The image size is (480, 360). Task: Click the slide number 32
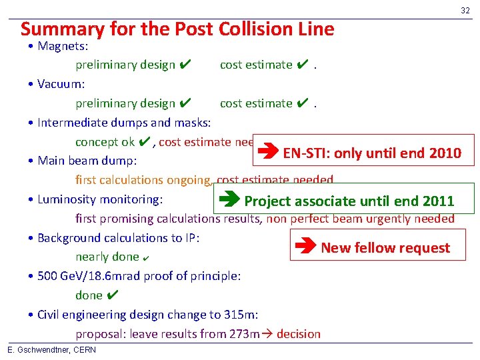[x=465, y=10]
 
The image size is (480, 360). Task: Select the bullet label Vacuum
[x=61, y=84]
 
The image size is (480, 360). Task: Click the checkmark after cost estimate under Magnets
[x=301, y=65]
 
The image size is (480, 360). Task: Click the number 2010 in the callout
[x=445, y=153]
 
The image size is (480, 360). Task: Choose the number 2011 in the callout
[x=438, y=201]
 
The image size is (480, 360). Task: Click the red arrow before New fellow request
[x=305, y=247]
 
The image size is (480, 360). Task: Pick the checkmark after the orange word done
[x=113, y=295]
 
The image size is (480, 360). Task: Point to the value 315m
[x=242, y=315]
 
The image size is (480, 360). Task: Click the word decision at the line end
[x=298, y=334]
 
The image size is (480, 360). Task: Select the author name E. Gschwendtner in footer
[x=34, y=350]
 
